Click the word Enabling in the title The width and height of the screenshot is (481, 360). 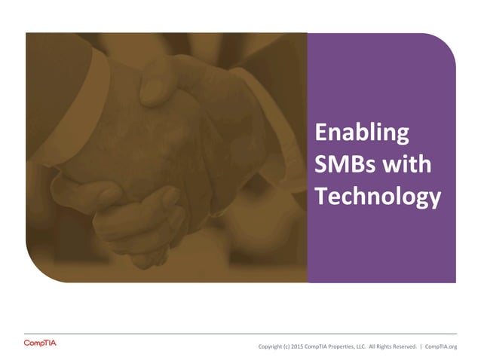point(362,133)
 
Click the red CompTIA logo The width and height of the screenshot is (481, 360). point(40,344)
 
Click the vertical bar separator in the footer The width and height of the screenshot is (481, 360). point(421,347)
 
